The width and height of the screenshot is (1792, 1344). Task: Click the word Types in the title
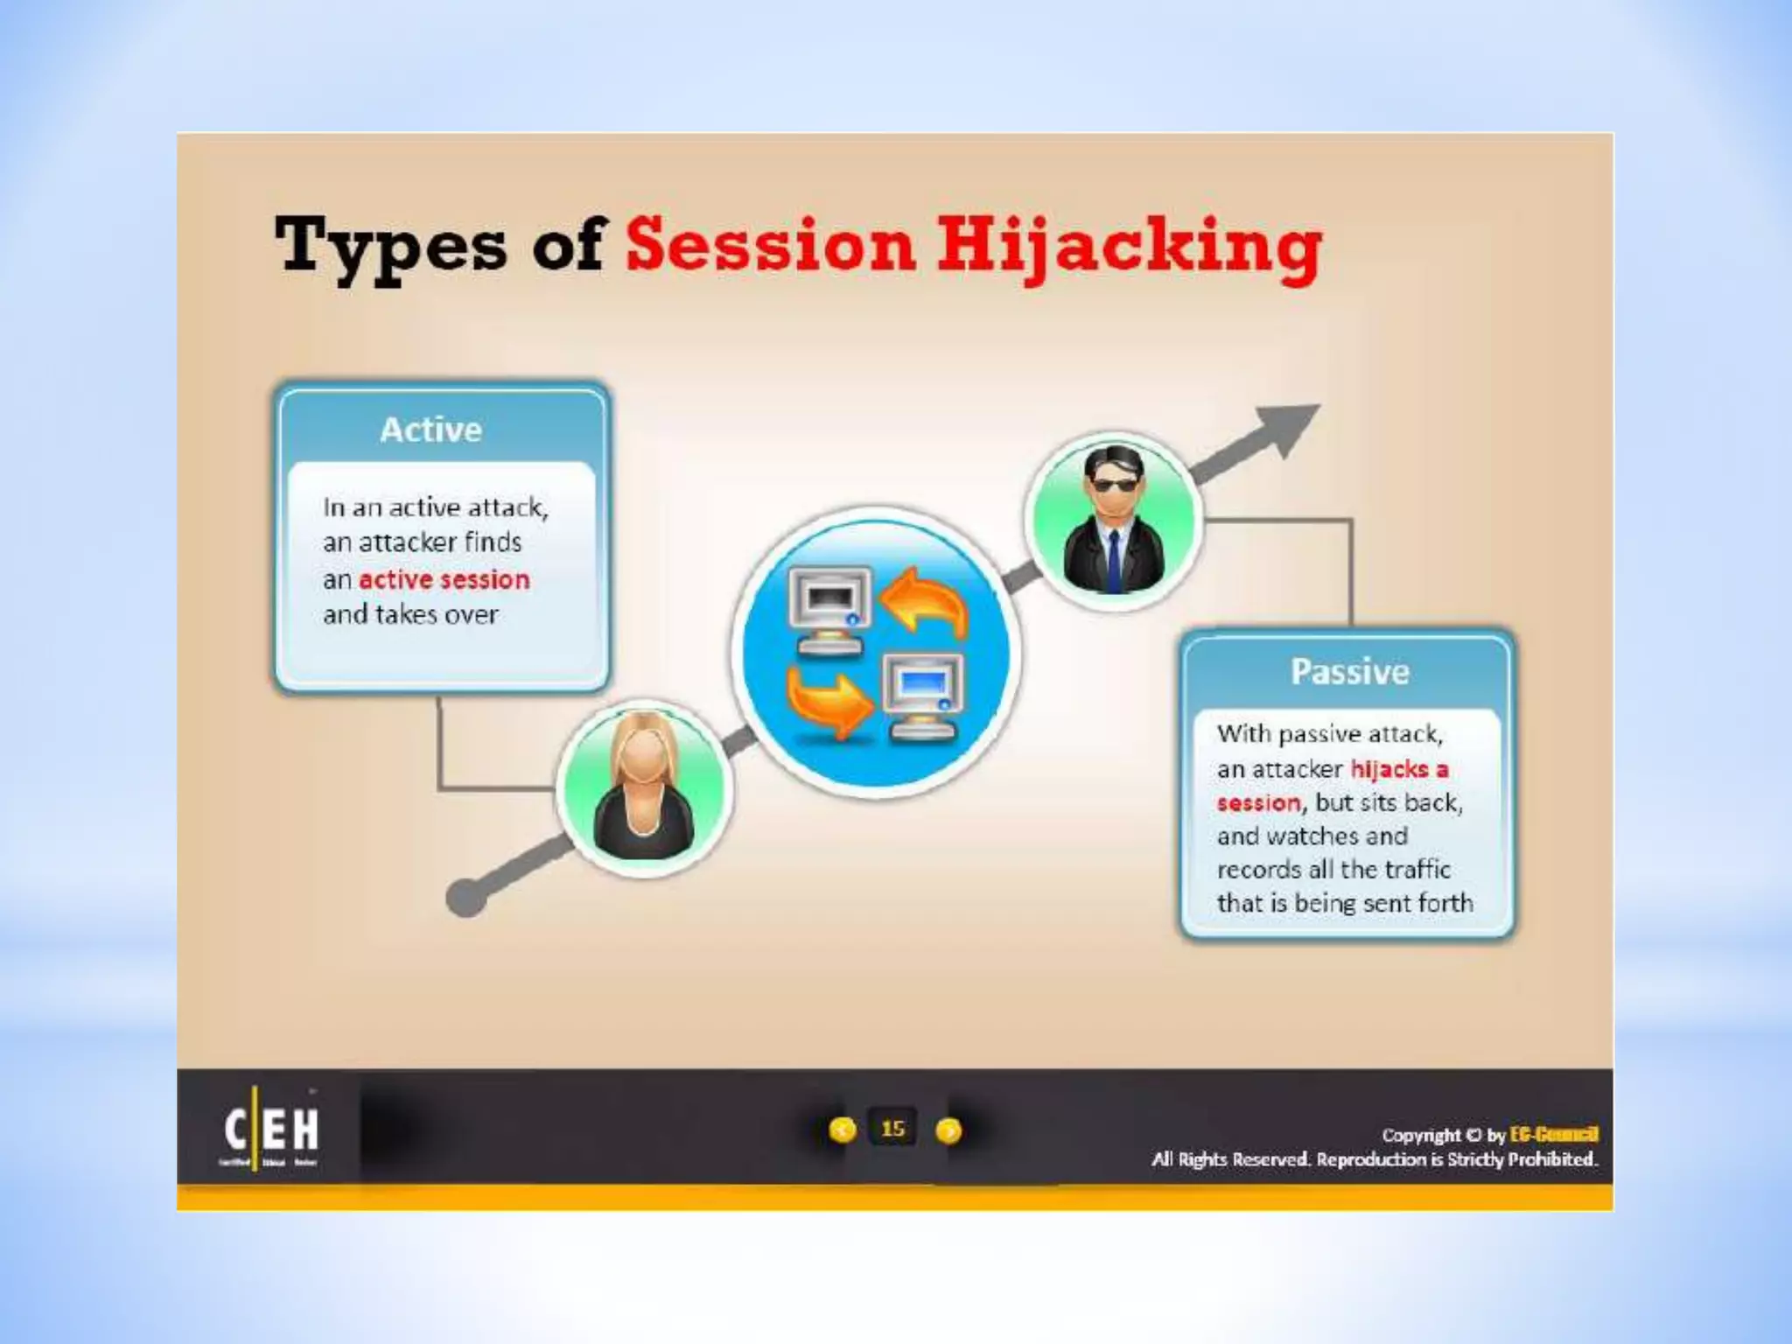(x=390, y=246)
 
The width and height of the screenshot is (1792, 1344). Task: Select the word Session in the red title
(x=770, y=245)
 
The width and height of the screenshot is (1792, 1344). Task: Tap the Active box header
(x=431, y=430)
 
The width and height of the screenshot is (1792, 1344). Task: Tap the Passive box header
(x=1349, y=671)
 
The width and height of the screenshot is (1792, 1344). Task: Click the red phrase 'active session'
(x=444, y=579)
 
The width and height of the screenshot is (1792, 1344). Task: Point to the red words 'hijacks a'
(x=1399, y=769)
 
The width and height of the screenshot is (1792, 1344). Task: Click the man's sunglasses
(x=1113, y=486)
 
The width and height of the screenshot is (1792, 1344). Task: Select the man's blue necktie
(x=1113, y=560)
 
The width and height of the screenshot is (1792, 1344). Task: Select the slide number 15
(x=892, y=1129)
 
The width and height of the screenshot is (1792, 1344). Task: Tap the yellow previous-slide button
(x=842, y=1130)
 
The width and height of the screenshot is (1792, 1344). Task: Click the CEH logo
(x=271, y=1130)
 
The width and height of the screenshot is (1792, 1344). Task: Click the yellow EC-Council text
(x=1554, y=1135)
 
